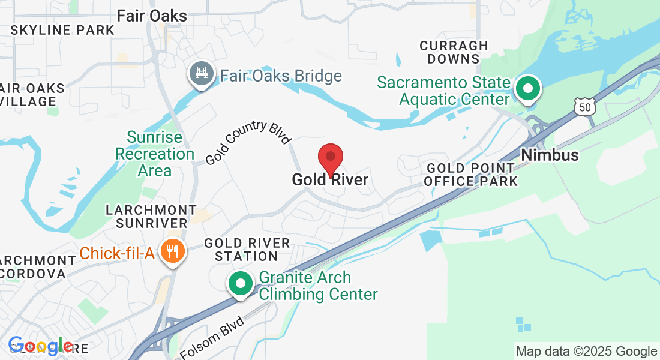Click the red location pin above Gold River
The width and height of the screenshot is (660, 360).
point(330,158)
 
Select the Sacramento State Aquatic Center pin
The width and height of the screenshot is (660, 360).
point(528,89)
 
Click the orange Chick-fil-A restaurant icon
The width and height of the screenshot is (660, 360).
point(173,251)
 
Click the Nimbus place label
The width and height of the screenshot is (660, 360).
point(550,155)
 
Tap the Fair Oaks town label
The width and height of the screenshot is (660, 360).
point(152,16)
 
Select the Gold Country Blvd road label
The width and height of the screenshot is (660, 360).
point(247,143)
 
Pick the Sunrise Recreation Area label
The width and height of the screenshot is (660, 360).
point(155,154)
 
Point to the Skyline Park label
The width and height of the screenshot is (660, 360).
point(62,30)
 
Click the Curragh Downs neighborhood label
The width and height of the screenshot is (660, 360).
point(454,52)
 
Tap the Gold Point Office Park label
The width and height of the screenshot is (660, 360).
point(470,174)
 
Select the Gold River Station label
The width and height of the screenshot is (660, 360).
point(247,250)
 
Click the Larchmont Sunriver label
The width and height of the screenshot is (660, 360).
point(151,217)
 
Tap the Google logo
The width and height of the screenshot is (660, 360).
point(41,346)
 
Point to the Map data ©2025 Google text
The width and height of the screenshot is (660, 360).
point(586,352)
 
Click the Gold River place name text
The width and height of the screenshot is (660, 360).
point(330,179)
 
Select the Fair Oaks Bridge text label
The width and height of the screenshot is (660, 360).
point(281,76)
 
